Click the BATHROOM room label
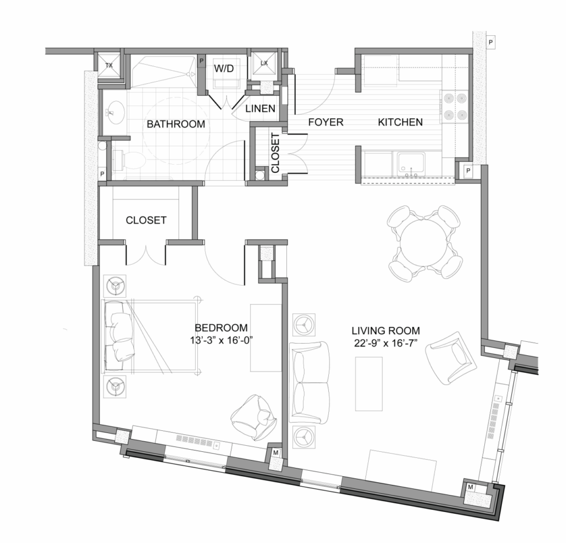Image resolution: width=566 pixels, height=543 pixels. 176,124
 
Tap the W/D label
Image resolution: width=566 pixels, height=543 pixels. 224,68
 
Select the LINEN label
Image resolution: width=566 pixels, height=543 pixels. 260,108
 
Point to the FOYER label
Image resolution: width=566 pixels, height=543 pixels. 326,122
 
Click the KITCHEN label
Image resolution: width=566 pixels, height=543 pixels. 400,122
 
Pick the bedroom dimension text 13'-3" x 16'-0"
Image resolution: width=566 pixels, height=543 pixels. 221,340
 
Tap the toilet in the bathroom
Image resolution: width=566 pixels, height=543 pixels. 129,160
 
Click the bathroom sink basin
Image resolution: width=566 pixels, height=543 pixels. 115,112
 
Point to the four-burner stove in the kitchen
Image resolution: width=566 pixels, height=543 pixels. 454,107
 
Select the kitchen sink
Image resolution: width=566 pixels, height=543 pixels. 411,164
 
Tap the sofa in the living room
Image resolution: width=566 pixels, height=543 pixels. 310,382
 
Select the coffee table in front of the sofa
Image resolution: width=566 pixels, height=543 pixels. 369,383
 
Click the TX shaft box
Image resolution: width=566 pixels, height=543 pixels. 109,66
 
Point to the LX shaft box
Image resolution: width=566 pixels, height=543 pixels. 264,64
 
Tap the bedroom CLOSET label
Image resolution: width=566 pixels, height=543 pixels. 146,220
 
